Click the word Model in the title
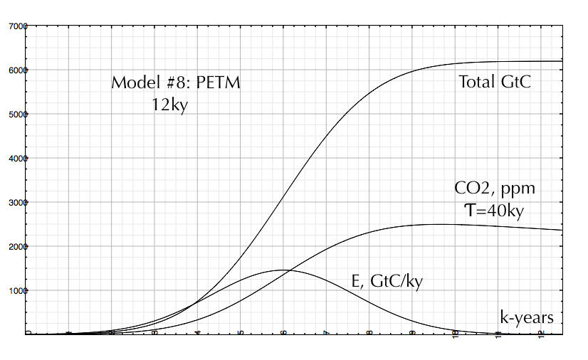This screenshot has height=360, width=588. pyautogui.click(x=132, y=83)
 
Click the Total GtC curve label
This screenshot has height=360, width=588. pyautogui.click(x=495, y=83)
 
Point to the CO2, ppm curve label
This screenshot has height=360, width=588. pyautogui.click(x=495, y=189)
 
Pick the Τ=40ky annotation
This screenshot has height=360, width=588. pyautogui.click(x=494, y=211)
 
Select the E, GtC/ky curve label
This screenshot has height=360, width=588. pyautogui.click(x=388, y=281)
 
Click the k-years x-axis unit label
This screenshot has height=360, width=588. pyautogui.click(x=526, y=318)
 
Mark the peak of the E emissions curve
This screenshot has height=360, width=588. pyautogui.click(x=283, y=270)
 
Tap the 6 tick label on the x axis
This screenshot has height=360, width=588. pyautogui.click(x=284, y=333)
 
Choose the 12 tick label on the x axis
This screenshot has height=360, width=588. pyautogui.click(x=541, y=333)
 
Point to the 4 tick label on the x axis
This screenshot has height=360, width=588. pyautogui.click(x=198, y=333)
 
